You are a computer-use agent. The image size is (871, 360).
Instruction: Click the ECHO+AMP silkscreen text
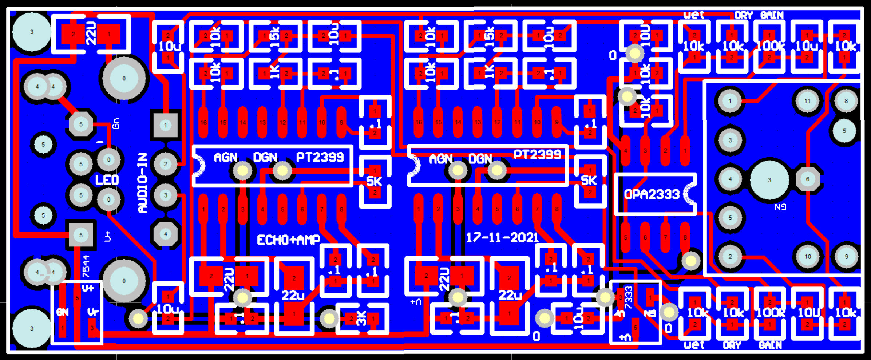click(x=288, y=240)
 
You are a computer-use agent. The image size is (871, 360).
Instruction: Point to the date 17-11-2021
click(x=502, y=238)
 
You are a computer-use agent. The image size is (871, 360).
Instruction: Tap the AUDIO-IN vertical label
click(x=143, y=183)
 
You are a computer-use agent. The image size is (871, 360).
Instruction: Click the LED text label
click(x=107, y=180)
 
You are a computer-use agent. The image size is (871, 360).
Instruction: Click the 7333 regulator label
click(x=629, y=296)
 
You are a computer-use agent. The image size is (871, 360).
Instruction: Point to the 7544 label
click(x=86, y=266)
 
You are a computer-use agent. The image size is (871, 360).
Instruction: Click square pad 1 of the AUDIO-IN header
click(x=166, y=126)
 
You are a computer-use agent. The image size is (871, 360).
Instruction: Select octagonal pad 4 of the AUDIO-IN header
click(x=166, y=234)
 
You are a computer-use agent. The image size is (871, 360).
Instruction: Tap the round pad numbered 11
click(x=807, y=101)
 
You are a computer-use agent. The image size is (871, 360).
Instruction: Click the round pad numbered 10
click(x=807, y=257)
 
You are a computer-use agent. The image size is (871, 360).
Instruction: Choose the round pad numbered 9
click(x=846, y=257)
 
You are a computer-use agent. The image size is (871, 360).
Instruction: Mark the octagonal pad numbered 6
click(x=808, y=179)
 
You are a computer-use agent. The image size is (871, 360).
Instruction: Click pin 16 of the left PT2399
click(x=203, y=122)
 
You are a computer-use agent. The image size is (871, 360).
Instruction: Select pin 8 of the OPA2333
click(x=685, y=237)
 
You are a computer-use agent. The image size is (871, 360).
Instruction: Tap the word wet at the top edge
click(x=693, y=15)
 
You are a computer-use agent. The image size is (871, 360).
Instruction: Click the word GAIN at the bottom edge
click(x=770, y=345)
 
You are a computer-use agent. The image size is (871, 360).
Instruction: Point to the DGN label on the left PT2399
click(x=265, y=157)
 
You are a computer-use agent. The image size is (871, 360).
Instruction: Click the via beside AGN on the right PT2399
click(x=458, y=170)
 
